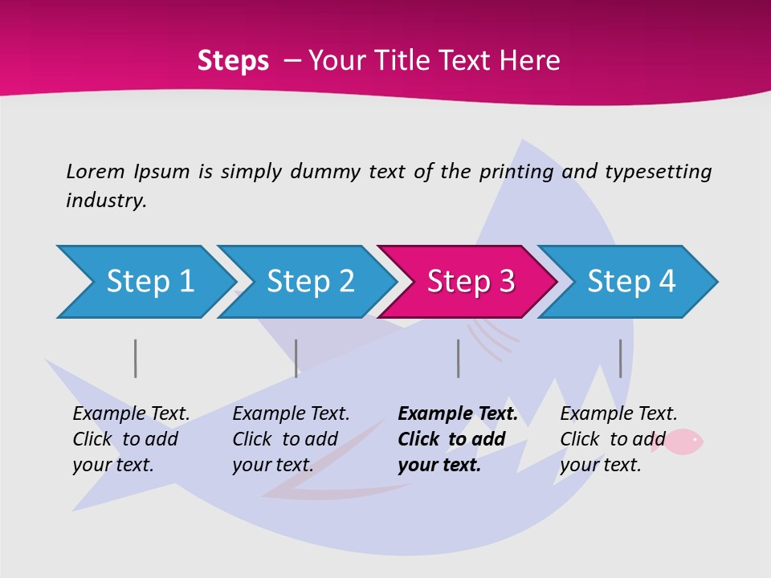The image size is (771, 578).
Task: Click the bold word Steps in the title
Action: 233,61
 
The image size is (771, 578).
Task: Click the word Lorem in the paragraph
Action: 96,171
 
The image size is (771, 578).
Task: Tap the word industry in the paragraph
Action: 105,201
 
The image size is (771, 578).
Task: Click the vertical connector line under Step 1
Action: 136,358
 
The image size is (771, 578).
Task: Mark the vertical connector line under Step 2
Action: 296,358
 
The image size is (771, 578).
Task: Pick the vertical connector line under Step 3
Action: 458,358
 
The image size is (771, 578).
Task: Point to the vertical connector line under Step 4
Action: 620,358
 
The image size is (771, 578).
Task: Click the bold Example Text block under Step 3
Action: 456,439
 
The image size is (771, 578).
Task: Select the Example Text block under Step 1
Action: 130,439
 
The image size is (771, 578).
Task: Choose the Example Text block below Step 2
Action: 290,439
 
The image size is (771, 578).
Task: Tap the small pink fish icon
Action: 685,441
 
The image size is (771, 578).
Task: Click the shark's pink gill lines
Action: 492,337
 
